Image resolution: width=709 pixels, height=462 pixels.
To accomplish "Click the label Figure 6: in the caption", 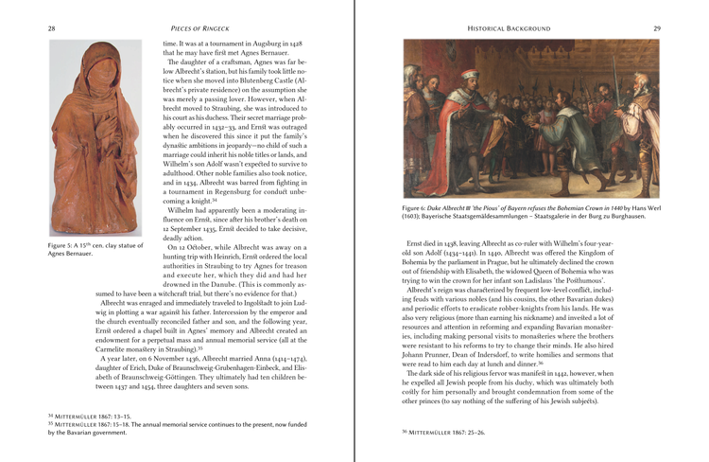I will [419, 206].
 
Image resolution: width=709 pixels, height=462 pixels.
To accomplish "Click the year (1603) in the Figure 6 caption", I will [417, 217].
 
